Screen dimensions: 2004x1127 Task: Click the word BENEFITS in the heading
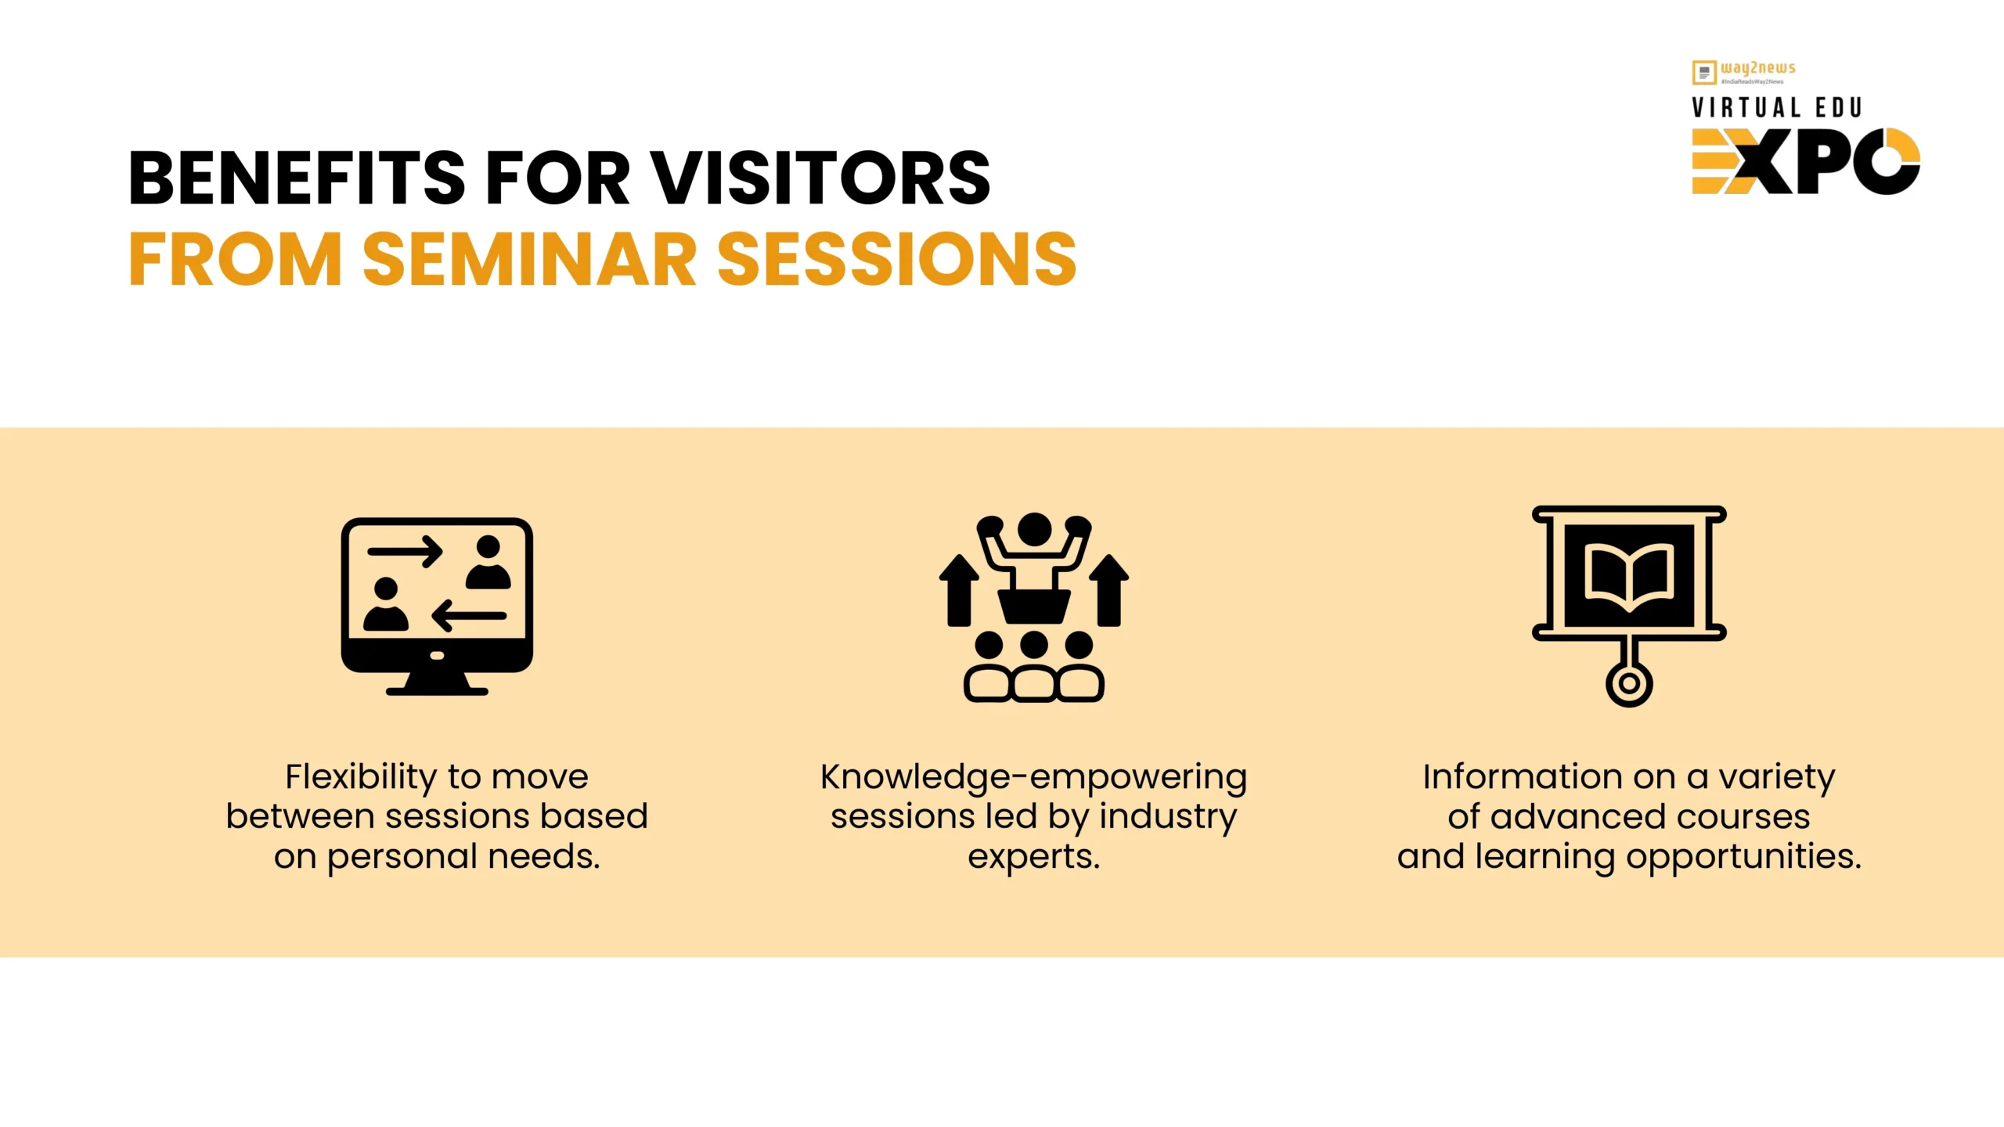(297, 178)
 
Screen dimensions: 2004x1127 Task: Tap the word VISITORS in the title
(821, 178)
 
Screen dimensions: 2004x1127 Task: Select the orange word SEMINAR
(529, 259)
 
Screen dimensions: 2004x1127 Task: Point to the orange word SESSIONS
(897, 259)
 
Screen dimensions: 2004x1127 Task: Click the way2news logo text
(1757, 68)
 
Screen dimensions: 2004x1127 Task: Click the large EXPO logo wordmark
(1806, 161)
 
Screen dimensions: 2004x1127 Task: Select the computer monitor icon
(437, 607)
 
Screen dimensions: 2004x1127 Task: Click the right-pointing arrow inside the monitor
(405, 552)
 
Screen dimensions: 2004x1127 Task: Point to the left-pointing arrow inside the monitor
(469, 615)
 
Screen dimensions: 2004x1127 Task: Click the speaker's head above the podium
(1034, 530)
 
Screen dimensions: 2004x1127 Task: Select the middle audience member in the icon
(1034, 667)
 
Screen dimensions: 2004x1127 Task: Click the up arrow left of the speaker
(959, 590)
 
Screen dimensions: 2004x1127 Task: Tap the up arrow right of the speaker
(1108, 590)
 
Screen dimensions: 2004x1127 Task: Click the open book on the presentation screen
(1629, 577)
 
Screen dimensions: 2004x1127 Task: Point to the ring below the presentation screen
(1629, 683)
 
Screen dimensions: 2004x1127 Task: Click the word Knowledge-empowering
(1033, 778)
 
